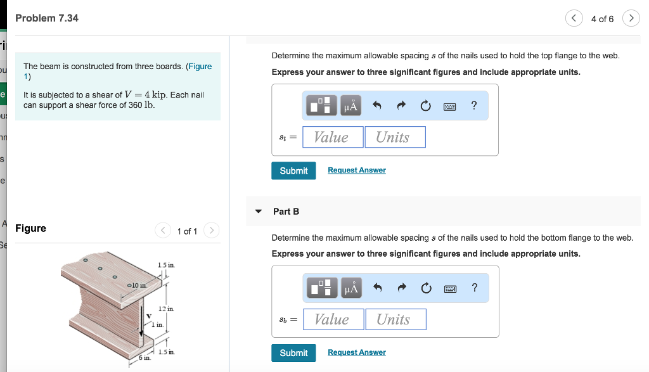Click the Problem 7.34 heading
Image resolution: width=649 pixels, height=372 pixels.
click(x=47, y=18)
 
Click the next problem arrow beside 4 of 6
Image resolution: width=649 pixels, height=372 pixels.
click(x=631, y=18)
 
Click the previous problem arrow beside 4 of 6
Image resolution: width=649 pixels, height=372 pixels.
click(x=574, y=18)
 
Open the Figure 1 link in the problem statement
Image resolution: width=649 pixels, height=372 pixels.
click(x=198, y=67)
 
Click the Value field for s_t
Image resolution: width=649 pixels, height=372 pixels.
click(x=333, y=137)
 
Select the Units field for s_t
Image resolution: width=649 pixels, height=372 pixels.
click(x=395, y=137)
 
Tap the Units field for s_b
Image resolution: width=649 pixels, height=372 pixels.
click(x=395, y=319)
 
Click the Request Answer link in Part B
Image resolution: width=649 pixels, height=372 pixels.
click(x=356, y=352)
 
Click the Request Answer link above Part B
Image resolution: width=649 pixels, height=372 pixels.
click(x=356, y=170)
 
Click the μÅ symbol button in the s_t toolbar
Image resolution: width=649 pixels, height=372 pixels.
click(x=350, y=106)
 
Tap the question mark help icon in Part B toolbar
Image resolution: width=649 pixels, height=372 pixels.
click(x=474, y=288)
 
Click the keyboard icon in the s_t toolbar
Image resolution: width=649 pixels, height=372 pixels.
click(x=449, y=106)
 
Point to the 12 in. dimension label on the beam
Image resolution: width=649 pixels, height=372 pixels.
click(x=166, y=308)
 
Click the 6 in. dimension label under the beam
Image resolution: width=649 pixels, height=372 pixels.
click(x=145, y=359)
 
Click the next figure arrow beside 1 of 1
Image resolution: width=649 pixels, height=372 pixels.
click(x=212, y=231)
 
